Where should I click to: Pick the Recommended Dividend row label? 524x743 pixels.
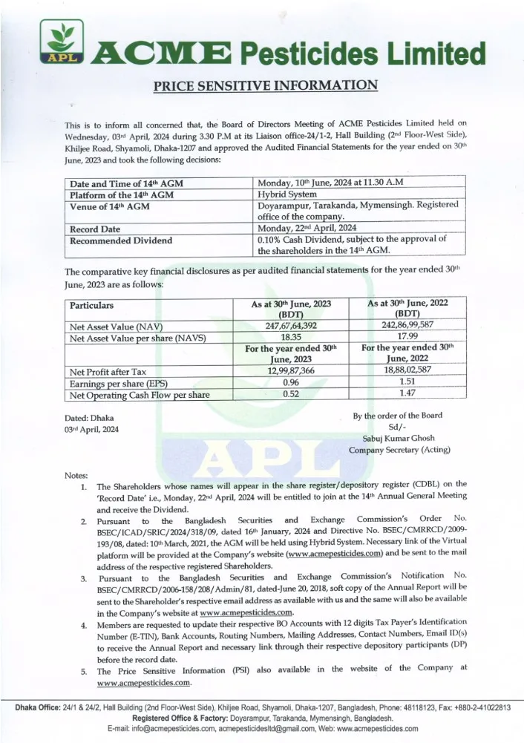point(121,240)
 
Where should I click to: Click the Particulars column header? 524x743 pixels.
point(92,305)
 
